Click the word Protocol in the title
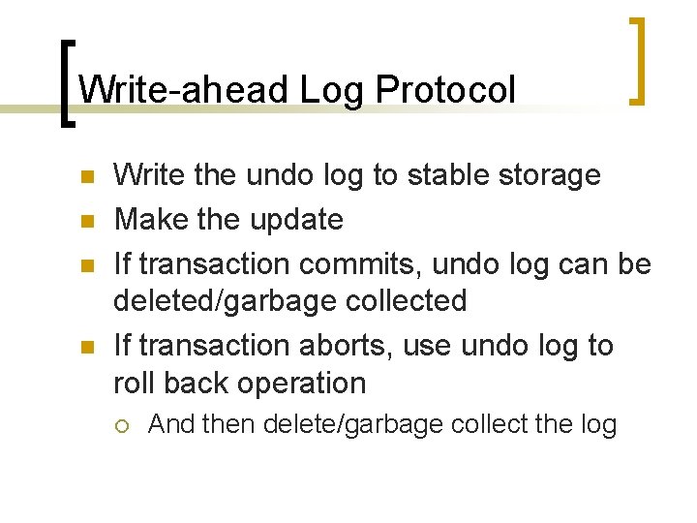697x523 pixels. click(x=445, y=91)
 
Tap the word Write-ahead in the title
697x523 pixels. click(x=184, y=91)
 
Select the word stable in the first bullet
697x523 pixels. click(x=451, y=175)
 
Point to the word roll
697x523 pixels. click(x=135, y=383)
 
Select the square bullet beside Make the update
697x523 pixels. click(x=85, y=221)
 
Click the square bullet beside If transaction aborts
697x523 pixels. click(x=85, y=347)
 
